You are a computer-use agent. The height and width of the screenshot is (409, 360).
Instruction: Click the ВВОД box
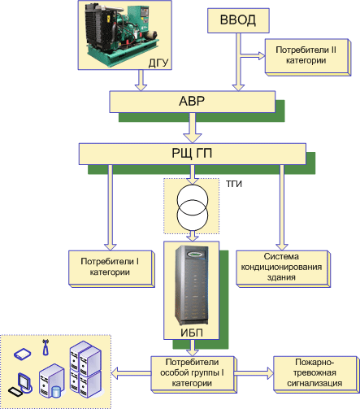pos(238,20)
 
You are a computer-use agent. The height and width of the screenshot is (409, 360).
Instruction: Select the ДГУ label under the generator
pos(158,63)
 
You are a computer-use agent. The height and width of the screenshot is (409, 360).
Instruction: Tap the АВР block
pos(193,102)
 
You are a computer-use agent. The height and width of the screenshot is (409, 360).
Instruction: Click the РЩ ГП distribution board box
pos(193,154)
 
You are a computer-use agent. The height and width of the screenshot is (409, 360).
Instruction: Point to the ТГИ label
pos(234,184)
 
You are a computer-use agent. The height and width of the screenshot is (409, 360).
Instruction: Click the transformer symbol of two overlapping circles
pos(193,207)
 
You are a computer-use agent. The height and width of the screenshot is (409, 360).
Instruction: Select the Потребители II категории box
pos(308,57)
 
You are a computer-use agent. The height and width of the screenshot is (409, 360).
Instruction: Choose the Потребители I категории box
pos(111,268)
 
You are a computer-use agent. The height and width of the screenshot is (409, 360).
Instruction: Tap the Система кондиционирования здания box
pos(283,268)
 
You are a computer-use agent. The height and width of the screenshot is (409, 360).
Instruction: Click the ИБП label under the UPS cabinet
pos(192,333)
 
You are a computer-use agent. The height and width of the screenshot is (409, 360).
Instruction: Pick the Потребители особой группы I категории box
pos(193,374)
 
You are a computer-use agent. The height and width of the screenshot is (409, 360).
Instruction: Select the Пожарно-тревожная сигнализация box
pos(316,374)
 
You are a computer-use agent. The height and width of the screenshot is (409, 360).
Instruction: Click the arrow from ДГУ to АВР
pos(141,80)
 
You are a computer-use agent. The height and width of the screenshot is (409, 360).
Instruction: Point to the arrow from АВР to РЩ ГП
pos(193,128)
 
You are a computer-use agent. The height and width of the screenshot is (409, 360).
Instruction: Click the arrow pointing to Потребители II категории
pos(253,55)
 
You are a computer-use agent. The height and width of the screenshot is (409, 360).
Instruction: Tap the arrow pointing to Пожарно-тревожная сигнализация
pos(254,373)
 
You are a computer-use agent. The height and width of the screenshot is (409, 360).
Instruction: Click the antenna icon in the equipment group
pos(46,347)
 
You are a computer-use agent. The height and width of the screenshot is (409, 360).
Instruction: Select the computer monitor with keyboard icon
pos(20,385)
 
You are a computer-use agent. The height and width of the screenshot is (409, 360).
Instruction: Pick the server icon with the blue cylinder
pos(52,381)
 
